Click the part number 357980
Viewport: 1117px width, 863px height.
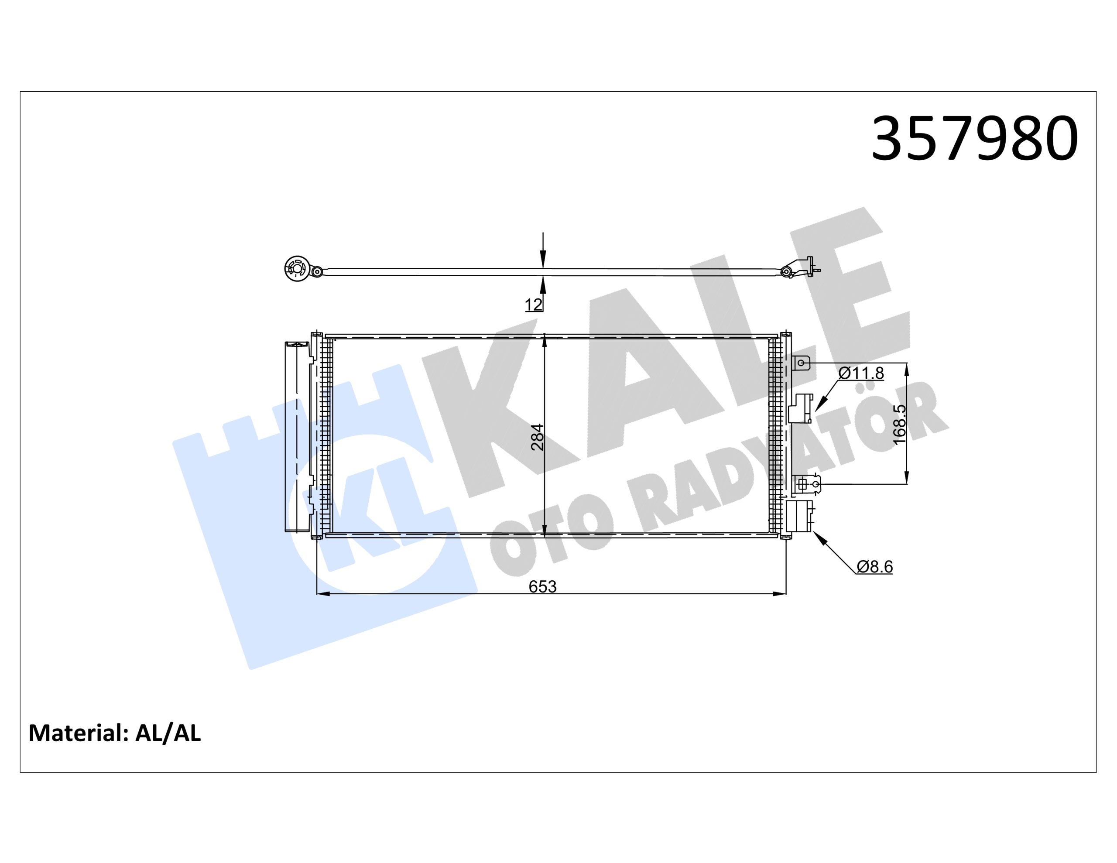point(974,139)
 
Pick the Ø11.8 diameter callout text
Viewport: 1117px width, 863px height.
point(861,373)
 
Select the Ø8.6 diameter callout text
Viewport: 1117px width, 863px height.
point(874,567)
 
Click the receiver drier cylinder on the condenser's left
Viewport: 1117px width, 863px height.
point(297,437)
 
